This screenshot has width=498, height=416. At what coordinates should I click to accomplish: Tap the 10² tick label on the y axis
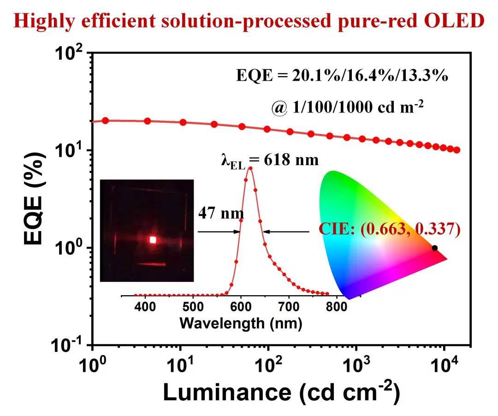click(71, 54)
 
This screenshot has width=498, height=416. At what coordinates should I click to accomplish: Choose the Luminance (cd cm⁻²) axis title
click(281, 393)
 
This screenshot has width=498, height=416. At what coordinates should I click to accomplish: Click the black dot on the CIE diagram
click(434, 248)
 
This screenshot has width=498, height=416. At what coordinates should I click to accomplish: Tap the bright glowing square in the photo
click(153, 239)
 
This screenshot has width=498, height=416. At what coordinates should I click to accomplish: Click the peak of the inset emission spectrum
click(250, 168)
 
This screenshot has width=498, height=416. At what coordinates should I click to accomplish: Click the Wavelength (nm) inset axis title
click(240, 323)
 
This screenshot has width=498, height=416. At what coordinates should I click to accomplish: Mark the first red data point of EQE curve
click(105, 120)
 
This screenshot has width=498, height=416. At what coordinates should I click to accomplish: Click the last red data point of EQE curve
click(456, 150)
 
